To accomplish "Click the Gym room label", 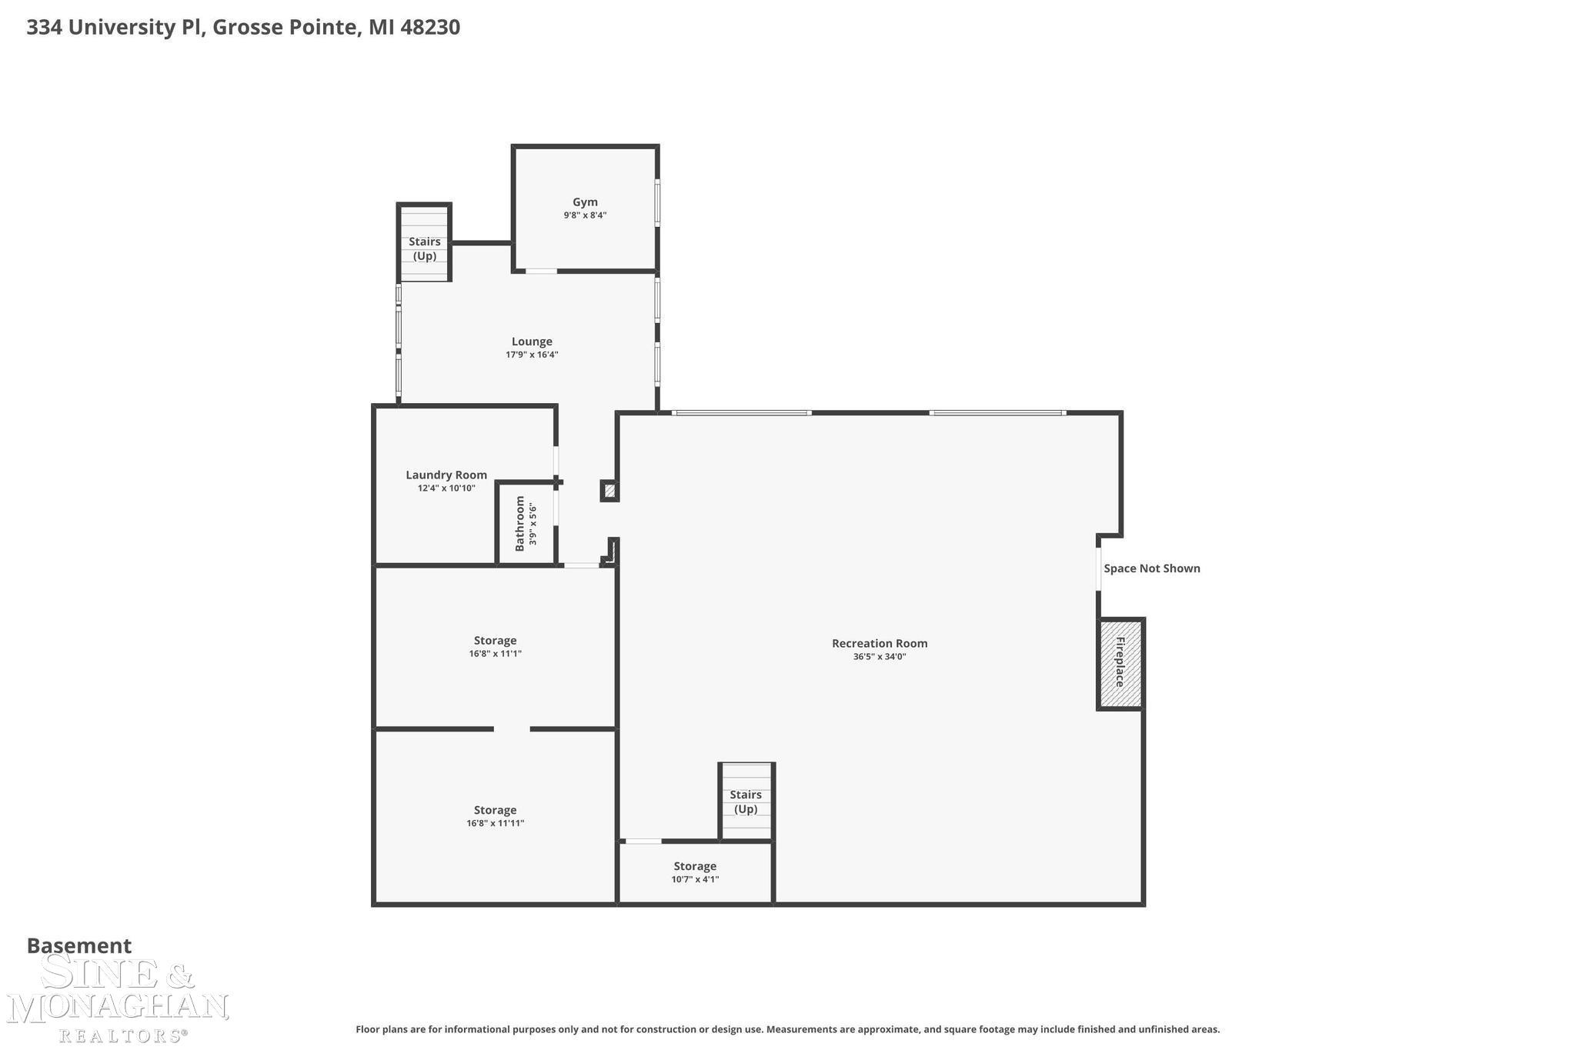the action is [585, 202].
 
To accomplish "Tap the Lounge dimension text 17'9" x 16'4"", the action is [532, 355].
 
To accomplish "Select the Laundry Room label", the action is [446, 475].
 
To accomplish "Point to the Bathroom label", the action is [519, 523].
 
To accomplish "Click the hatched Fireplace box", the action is [1120, 663].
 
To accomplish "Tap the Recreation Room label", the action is [880, 643].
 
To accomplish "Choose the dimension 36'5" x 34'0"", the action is [880, 657].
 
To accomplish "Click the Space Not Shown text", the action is [1152, 568].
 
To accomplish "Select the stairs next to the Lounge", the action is [424, 243].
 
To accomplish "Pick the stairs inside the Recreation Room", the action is [746, 802].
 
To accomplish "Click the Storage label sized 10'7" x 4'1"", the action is [695, 866].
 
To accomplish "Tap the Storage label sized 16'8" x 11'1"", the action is [495, 640].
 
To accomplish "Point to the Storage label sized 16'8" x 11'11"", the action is [495, 810].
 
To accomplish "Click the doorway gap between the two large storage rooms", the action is [512, 728].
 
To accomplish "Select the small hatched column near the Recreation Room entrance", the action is [609, 491].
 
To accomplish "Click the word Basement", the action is [79, 945].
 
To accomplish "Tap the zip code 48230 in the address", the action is [430, 28].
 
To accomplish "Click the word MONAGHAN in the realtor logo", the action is [118, 1007].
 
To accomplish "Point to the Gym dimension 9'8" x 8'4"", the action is [585, 215].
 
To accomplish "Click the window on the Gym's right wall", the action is [657, 202].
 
